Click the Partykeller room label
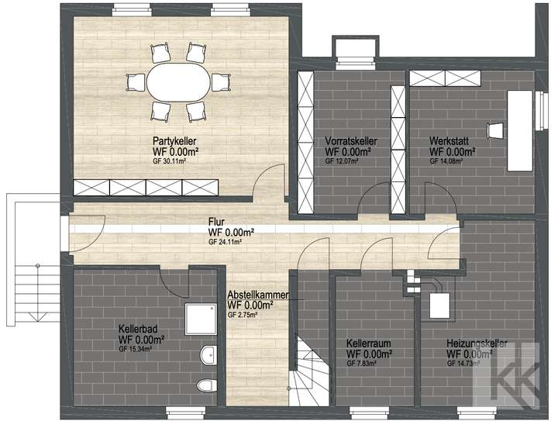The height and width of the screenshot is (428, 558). point(173,140)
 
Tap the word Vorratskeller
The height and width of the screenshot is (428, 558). point(351,141)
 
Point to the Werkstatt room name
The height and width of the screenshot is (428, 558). point(449,141)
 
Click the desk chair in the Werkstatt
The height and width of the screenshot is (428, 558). point(494,129)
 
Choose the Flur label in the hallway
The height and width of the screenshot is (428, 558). point(216,222)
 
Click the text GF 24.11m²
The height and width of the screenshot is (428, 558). point(226,242)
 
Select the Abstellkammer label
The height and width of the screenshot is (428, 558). point(258,295)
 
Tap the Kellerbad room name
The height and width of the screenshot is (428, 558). point(140,328)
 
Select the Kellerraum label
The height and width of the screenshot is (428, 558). point(368,343)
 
